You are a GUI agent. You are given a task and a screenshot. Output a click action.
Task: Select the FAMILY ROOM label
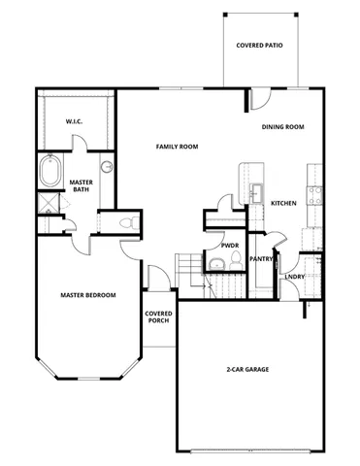(178, 147)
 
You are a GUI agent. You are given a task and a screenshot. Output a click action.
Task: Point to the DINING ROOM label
(283, 127)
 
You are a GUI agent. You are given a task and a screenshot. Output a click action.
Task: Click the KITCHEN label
(283, 203)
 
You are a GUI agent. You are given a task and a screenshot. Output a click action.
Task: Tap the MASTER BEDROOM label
(88, 295)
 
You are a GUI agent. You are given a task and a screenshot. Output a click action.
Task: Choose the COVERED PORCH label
(158, 318)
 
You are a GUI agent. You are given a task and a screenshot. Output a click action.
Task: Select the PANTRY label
(260, 259)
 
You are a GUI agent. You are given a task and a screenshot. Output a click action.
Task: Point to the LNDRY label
(295, 276)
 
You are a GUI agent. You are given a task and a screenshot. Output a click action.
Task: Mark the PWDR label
(230, 247)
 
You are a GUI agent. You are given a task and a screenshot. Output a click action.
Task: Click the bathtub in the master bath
(50, 175)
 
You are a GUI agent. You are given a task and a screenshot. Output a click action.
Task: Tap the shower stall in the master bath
(48, 205)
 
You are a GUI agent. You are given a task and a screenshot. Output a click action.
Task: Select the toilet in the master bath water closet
(124, 223)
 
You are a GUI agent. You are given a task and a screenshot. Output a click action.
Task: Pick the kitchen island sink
(256, 190)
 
